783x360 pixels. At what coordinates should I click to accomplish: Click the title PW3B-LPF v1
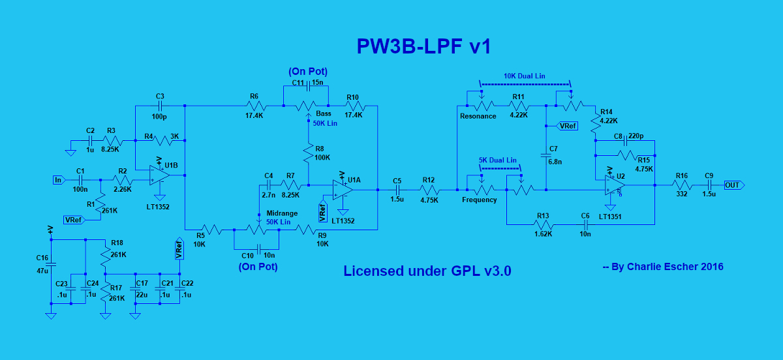423,47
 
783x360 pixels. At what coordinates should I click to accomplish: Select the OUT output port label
733,185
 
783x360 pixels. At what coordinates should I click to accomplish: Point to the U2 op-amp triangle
611,185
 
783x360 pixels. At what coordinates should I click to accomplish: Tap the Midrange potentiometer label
283,214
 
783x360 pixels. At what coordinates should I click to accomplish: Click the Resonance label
478,116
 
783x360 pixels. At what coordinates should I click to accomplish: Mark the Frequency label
480,200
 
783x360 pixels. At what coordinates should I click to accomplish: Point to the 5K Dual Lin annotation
497,160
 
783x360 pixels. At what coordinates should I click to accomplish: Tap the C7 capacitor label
553,149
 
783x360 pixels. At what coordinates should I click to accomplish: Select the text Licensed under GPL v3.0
427,271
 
